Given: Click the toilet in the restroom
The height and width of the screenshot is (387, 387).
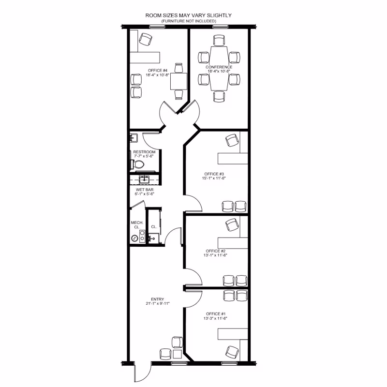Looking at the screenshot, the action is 137,164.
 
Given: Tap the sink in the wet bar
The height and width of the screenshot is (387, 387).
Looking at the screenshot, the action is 144,179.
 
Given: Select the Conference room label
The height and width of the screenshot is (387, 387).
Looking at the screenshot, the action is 219,67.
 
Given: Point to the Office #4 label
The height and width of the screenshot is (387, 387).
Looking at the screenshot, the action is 158,70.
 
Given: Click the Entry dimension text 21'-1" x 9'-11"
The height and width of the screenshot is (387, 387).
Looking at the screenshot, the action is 158,304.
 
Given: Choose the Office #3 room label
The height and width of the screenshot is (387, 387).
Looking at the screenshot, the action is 214,174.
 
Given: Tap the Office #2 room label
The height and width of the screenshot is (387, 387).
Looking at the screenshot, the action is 216,251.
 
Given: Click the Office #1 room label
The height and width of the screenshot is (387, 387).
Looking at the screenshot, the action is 216,314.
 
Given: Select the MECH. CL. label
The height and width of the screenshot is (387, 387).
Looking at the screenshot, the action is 137,225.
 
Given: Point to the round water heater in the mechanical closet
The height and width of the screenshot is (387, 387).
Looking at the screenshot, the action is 134,238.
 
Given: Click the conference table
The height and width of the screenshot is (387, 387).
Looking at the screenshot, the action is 219,68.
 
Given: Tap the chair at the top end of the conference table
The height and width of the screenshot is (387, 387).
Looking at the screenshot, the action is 219,40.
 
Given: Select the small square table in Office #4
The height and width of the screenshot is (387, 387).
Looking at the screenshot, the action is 179,81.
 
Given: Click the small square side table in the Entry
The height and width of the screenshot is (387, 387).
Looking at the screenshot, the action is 178,354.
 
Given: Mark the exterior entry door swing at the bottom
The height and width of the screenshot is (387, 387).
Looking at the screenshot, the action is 143,372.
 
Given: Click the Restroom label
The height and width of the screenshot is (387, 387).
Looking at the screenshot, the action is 144,152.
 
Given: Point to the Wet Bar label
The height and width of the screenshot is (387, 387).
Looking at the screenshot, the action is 145,190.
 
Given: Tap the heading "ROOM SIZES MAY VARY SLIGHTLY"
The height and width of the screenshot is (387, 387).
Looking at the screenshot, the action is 189,15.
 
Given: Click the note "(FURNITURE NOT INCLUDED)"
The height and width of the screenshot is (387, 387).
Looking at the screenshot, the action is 189,21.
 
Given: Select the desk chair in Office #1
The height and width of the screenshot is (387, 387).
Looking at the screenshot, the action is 232,353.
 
